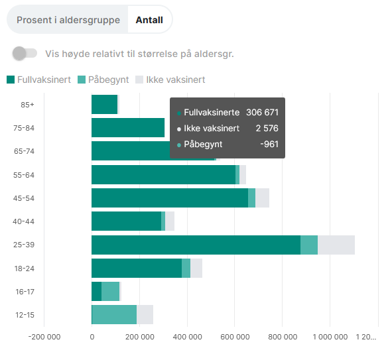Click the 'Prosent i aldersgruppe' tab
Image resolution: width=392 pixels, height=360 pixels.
[x=68, y=20]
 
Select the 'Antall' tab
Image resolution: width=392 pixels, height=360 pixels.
[x=149, y=20]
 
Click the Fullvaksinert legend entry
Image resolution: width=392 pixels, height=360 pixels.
[x=38, y=80]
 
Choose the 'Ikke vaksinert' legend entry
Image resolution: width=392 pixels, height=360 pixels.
[x=170, y=80]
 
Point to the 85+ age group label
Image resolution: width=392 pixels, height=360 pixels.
[x=27, y=105]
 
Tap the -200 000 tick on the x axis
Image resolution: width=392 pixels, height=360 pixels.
[x=44, y=337]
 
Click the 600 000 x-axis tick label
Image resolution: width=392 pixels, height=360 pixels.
[x=235, y=337]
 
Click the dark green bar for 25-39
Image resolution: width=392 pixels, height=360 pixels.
[x=196, y=245]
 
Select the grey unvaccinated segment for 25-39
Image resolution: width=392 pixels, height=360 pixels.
[x=336, y=245]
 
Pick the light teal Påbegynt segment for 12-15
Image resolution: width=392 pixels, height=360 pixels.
[x=114, y=315]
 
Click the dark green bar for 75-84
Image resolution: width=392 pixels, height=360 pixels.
[x=127, y=127]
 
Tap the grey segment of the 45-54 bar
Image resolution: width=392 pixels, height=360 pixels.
[x=262, y=198]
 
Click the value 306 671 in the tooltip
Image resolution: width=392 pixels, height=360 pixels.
[x=262, y=113]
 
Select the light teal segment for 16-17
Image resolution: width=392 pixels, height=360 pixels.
[x=110, y=292]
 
